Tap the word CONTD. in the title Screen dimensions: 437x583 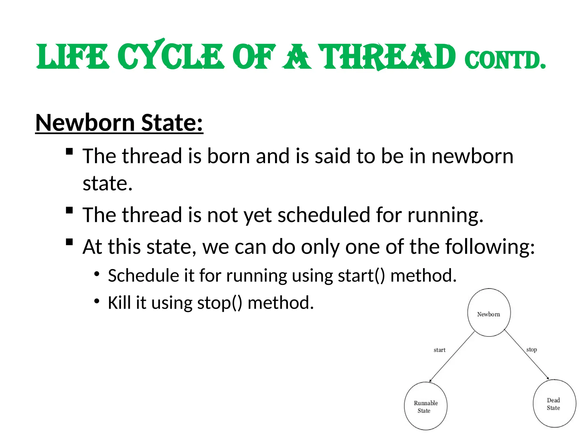[x=505, y=60]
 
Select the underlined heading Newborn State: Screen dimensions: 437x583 [x=119, y=123]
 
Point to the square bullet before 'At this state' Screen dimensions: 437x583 [x=69, y=242]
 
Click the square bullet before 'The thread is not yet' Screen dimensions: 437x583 [x=69, y=210]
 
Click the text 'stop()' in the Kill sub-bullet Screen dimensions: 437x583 [x=219, y=303]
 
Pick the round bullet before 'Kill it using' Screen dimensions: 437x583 [x=97, y=301]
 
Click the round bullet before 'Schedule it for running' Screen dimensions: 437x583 [x=97, y=274]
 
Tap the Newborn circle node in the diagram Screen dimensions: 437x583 [x=489, y=313]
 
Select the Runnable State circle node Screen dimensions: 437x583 [x=426, y=406]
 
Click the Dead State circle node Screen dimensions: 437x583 [x=554, y=403]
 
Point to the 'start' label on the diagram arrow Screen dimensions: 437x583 [x=439, y=350]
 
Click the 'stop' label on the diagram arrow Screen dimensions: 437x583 [x=531, y=349]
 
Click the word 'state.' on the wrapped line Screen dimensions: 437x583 [x=108, y=184]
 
